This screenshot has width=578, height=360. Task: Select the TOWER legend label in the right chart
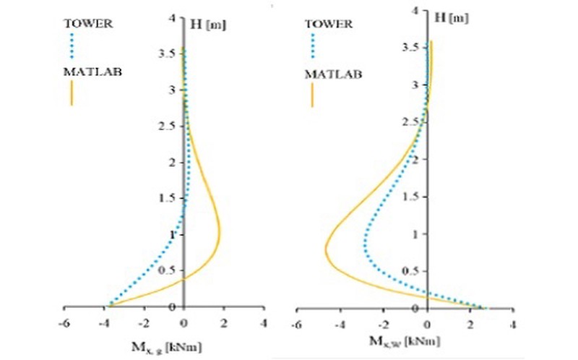pos(329,23)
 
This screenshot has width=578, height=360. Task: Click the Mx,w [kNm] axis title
pos(402,340)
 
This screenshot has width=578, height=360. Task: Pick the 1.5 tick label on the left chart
pos(168,197)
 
